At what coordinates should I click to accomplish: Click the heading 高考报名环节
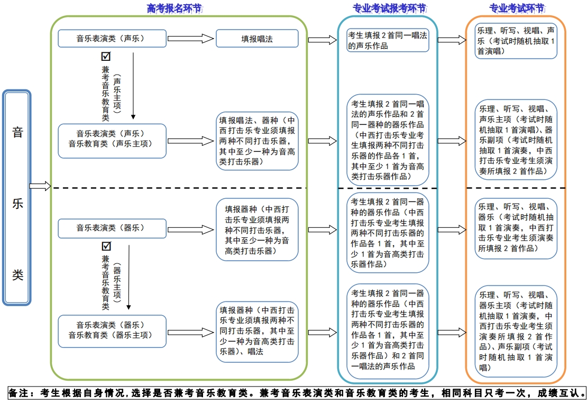(x=174, y=8)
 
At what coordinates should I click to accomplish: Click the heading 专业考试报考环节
(x=389, y=8)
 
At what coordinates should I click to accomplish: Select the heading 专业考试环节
(x=516, y=8)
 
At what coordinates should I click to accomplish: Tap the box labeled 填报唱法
(x=257, y=39)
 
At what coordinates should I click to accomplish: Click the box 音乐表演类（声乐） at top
(x=112, y=38)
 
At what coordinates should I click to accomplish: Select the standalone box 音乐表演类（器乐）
(x=112, y=228)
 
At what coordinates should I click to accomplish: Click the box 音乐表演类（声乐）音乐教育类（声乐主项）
(x=112, y=141)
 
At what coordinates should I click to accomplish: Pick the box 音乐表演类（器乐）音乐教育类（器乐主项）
(x=112, y=330)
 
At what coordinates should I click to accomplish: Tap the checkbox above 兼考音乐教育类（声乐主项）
(x=106, y=56)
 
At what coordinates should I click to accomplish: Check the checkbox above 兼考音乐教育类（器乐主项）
(x=106, y=246)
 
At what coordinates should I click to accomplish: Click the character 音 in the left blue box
(x=17, y=132)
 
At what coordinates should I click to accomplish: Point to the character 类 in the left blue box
(x=17, y=275)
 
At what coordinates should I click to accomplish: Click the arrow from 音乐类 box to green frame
(x=40, y=186)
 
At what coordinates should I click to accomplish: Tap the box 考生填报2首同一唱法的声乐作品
(x=388, y=40)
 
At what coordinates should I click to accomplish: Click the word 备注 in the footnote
(x=21, y=393)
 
